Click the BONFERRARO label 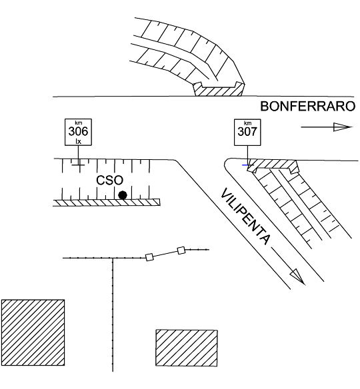coord(307,107)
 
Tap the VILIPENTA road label coord(245,216)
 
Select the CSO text coord(109,181)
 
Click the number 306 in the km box coord(78,131)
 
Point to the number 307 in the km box coord(247,131)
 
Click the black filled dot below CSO coord(123,195)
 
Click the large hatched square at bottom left coord(33,332)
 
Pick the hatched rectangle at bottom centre coord(187,348)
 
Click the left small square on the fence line coord(149,257)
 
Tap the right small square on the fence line coord(181,250)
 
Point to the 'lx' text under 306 coord(78,141)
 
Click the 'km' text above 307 coord(247,123)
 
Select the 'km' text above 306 coord(78,123)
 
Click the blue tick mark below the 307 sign coord(245,165)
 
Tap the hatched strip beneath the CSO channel coord(107,202)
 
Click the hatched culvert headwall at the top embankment coord(219,89)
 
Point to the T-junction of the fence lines coord(113,258)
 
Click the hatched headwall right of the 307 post coord(273,165)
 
